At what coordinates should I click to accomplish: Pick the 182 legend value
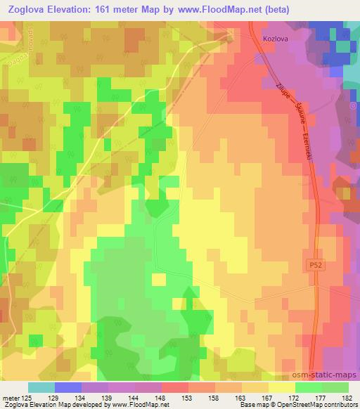click(348, 398)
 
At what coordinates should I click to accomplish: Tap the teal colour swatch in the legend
click(41, 388)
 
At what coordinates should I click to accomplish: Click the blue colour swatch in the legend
click(67, 388)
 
